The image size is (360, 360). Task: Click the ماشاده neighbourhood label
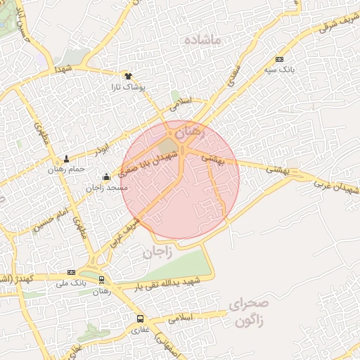click(x=202, y=40)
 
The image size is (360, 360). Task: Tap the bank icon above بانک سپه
click(x=280, y=60)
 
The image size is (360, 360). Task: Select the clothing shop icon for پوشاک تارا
click(x=128, y=76)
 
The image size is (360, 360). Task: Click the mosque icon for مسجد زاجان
click(x=106, y=176)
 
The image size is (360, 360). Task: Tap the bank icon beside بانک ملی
click(x=71, y=272)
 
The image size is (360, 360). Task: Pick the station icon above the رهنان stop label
click(x=103, y=280)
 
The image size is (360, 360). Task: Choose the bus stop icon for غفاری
click(x=139, y=319)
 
